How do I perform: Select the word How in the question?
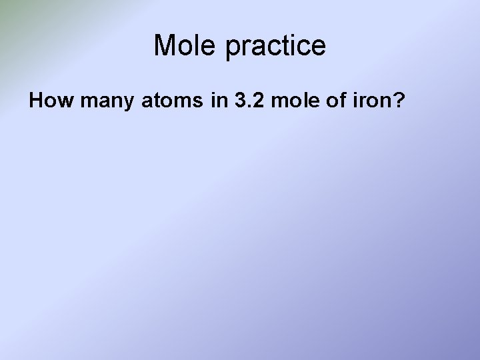47,101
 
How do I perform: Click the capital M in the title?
163,46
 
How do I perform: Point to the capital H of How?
35,101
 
